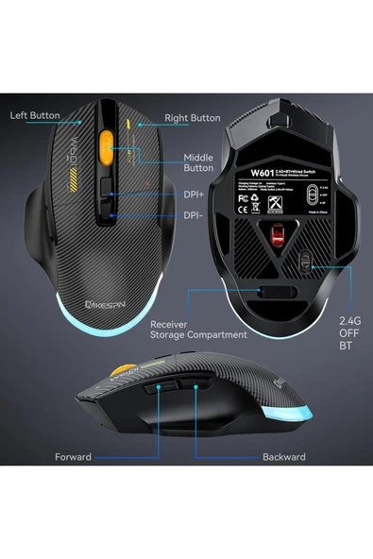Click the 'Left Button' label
point(36,116)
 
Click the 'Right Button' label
point(193,119)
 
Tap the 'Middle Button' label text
point(198,161)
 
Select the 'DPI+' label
point(195,196)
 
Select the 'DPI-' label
point(194,215)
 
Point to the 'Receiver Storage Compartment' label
point(198,329)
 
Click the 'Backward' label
point(283,457)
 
